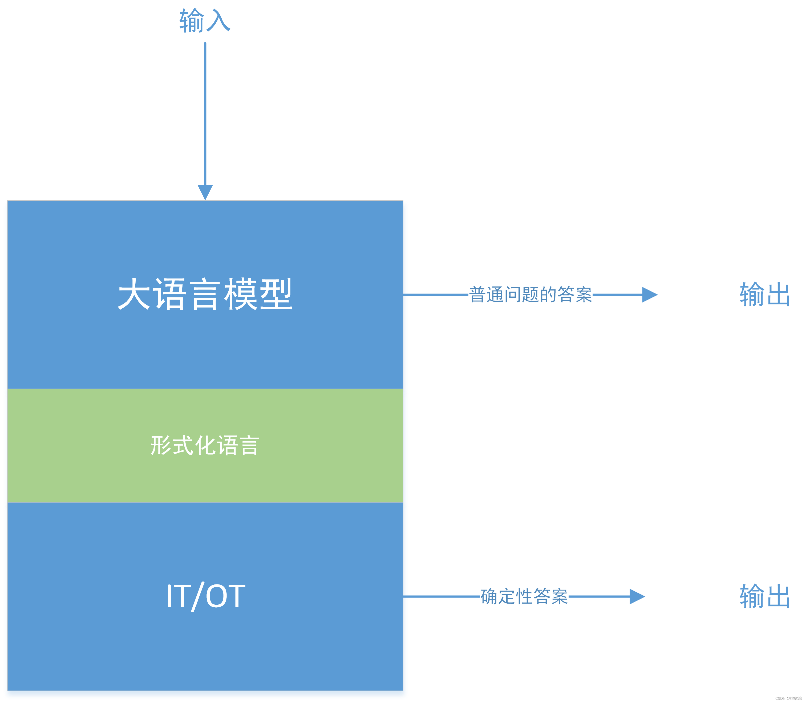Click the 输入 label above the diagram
(205, 21)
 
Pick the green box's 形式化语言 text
(205, 445)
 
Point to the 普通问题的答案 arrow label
(530, 295)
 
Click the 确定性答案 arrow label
(524, 597)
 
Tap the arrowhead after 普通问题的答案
(649, 295)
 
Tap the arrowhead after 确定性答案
(637, 597)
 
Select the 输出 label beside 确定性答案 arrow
(764, 597)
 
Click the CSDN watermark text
(788, 698)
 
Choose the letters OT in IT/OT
(225, 596)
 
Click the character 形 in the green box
(161, 445)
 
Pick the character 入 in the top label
(218, 21)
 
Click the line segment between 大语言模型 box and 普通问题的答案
(435, 295)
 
